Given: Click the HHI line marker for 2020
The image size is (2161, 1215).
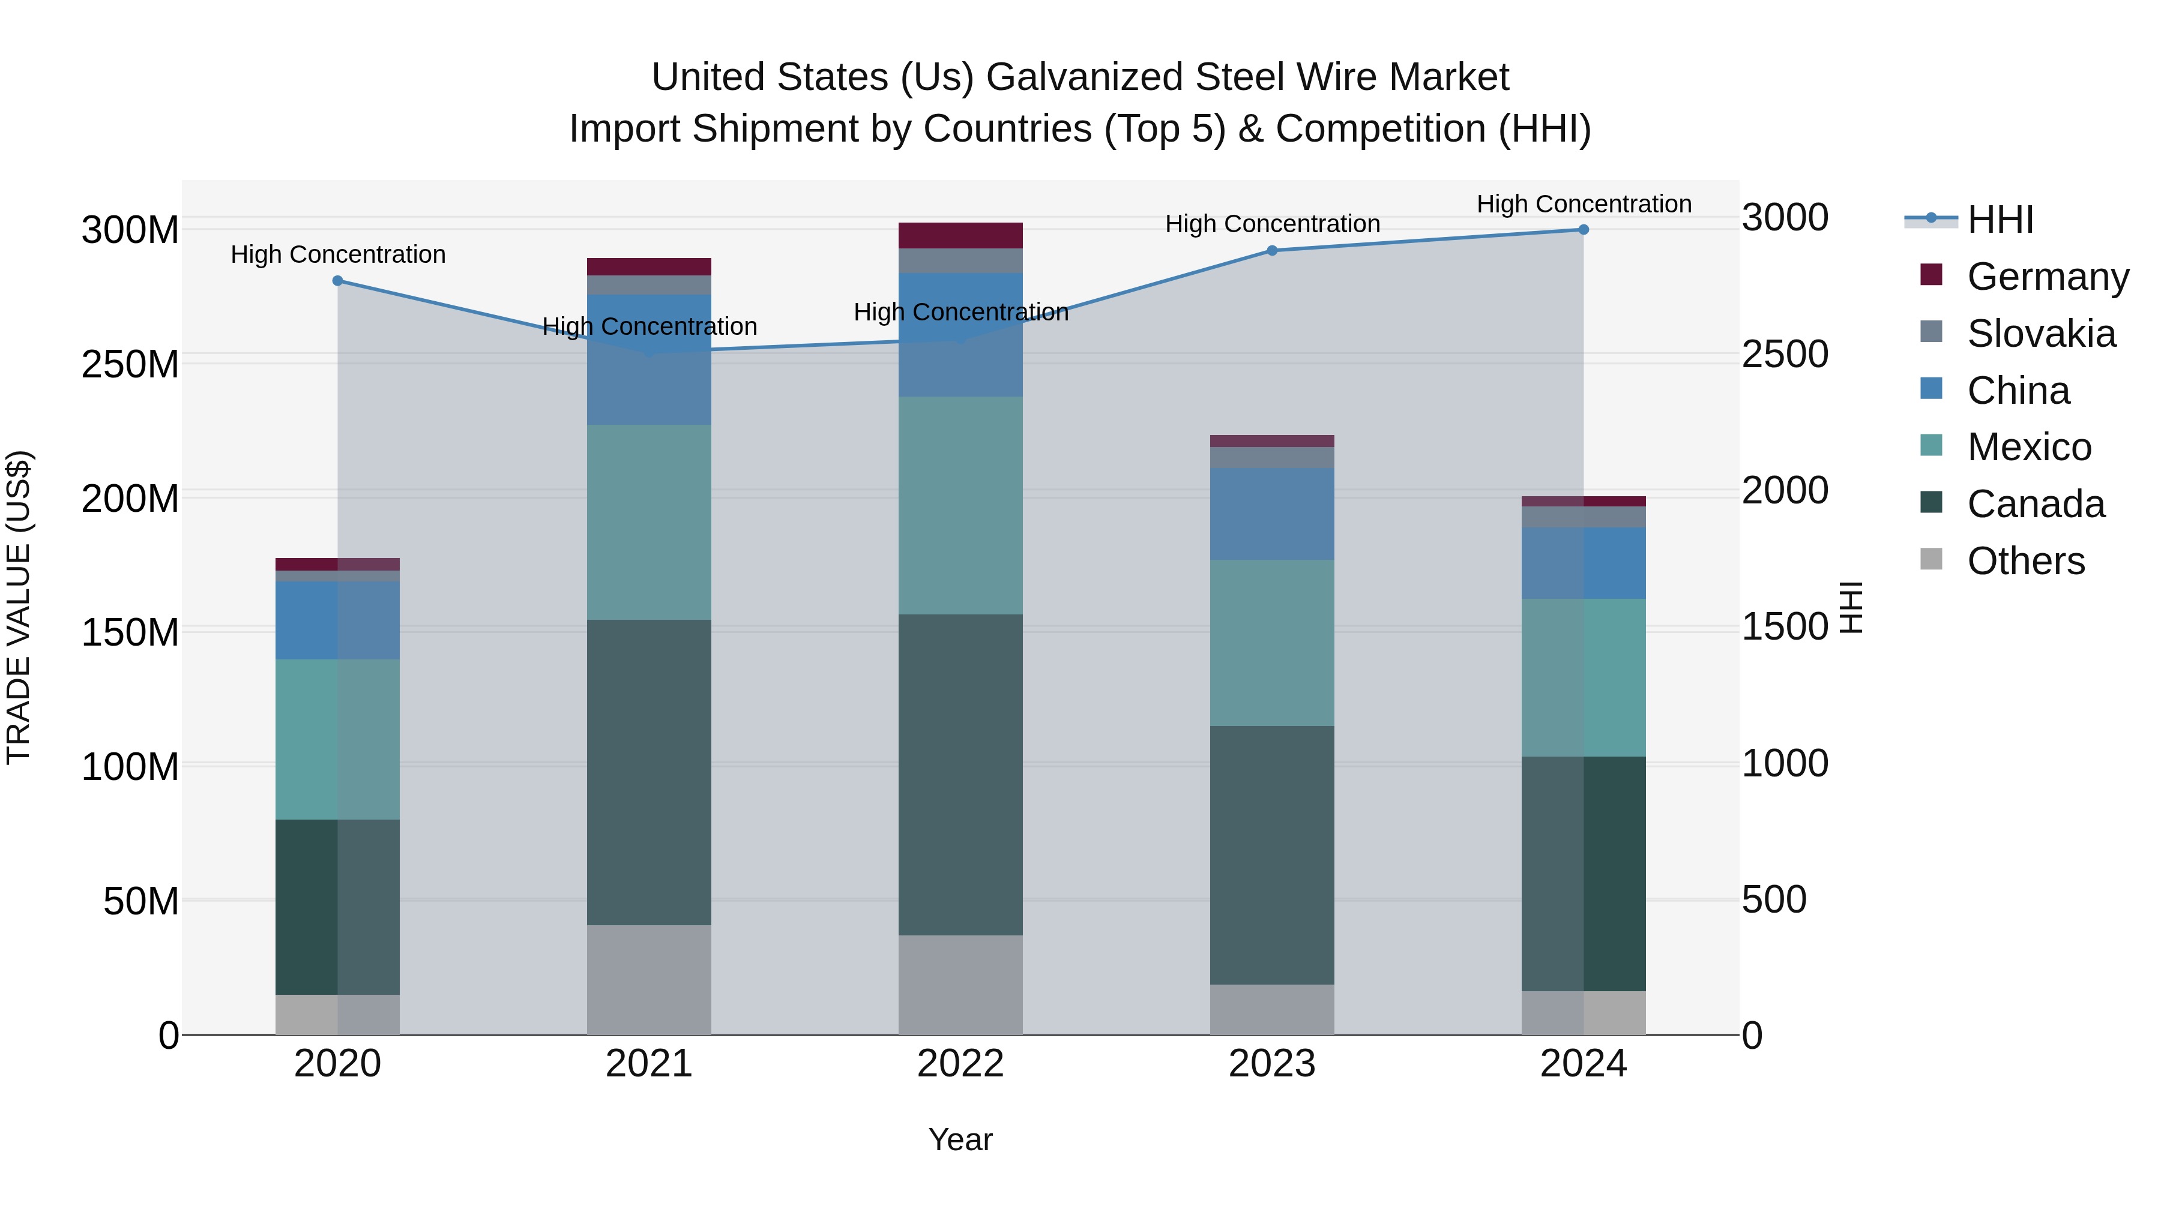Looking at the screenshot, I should click(337, 281).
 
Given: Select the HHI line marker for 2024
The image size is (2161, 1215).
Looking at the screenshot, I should click(1583, 230).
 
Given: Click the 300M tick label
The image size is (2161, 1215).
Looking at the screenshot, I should click(130, 230).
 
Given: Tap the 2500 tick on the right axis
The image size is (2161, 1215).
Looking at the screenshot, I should click(1785, 355).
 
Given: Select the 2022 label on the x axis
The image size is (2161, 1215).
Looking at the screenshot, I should click(960, 1064).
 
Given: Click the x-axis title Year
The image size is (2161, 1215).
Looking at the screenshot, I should click(960, 1139).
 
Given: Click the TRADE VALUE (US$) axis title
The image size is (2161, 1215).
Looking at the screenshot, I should click(19, 607).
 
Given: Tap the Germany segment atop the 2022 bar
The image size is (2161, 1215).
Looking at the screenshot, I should click(960, 236).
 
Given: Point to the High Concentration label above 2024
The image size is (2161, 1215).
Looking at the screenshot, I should click(1583, 205).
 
